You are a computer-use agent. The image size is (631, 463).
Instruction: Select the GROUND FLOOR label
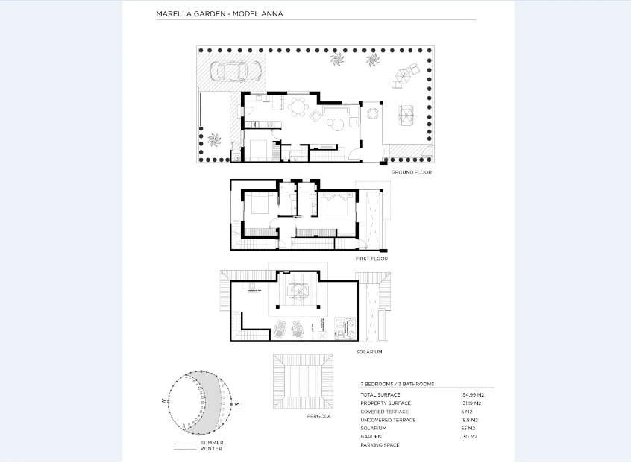point(411,172)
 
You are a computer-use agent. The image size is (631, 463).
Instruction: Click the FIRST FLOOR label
point(371,259)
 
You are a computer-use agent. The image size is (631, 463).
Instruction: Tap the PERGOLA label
point(318,415)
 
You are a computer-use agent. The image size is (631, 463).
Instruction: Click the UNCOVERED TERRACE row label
point(388,420)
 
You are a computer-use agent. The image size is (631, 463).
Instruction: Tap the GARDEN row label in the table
point(371,436)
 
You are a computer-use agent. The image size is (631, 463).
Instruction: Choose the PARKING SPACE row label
point(380,445)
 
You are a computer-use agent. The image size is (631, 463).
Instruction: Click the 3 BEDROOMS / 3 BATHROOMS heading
point(397,384)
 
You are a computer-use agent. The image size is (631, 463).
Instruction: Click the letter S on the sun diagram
point(236,403)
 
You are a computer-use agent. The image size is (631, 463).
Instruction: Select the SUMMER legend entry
point(211,443)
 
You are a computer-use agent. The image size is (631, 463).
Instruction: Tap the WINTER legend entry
point(211,449)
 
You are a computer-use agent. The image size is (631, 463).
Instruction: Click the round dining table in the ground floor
point(299,108)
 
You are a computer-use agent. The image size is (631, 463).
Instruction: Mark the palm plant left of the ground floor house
point(215,139)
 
